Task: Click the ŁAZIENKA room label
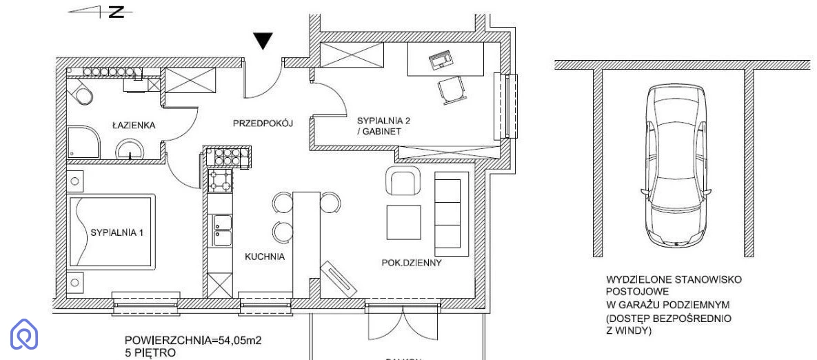133,126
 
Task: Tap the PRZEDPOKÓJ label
263,123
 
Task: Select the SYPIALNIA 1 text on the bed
117,233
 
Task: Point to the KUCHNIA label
265,257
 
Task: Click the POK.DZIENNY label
412,263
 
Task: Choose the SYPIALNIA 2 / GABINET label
383,126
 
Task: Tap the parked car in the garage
676,165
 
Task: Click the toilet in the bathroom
80,92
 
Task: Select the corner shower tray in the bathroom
83,141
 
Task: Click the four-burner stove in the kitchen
221,180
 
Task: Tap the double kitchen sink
222,230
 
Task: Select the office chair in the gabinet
450,89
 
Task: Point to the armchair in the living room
402,180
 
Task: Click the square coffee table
403,223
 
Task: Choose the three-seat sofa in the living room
451,214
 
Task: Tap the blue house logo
25,334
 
